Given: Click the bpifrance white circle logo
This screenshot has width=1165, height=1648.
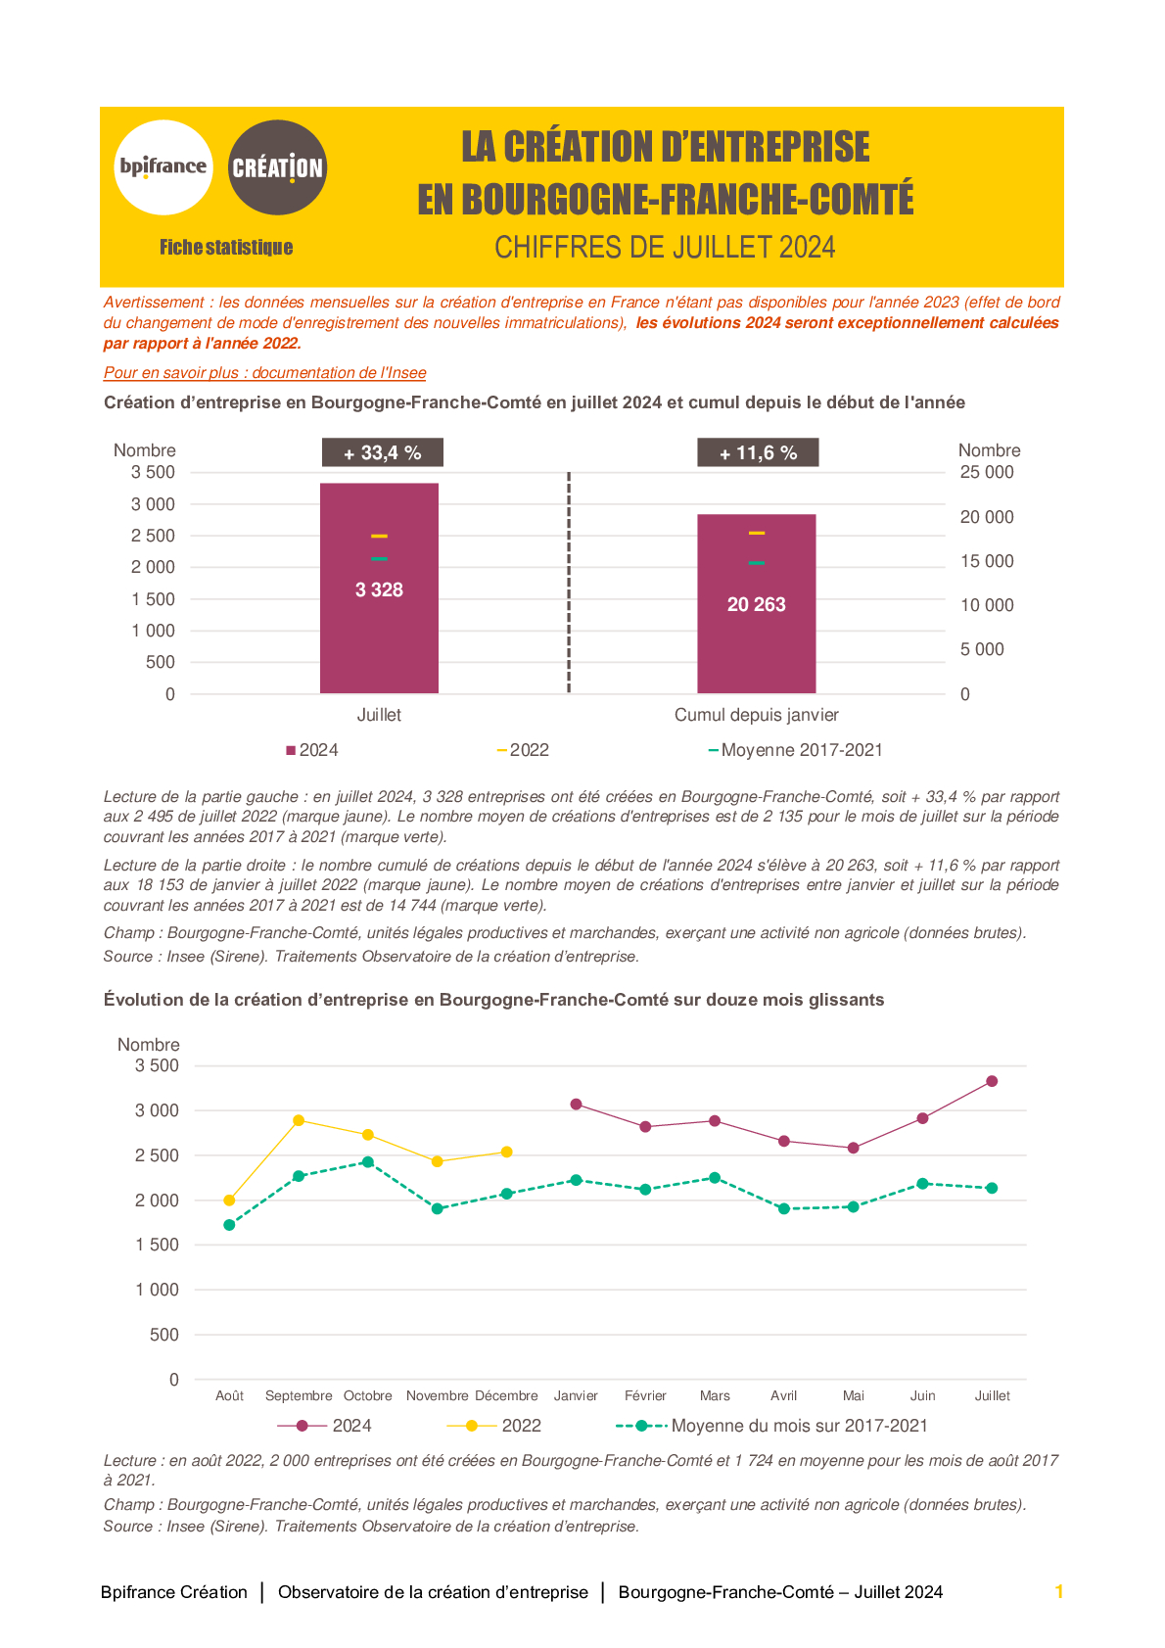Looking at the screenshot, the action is click(163, 167).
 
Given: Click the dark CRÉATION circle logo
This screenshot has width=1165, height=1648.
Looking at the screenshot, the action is click(277, 167).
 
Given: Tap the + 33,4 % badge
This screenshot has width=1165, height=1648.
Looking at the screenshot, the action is click(383, 452).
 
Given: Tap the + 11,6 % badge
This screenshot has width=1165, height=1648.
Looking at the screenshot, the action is click(758, 452).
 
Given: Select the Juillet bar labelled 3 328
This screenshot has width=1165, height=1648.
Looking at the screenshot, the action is click(379, 588).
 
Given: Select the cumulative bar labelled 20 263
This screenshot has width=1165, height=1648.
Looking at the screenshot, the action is click(756, 603).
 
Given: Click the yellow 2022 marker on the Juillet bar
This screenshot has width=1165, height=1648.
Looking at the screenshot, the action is click(379, 536).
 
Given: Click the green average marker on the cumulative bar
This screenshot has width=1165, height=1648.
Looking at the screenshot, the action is click(756, 563).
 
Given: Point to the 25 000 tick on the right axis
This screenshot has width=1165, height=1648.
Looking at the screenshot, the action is click(986, 472).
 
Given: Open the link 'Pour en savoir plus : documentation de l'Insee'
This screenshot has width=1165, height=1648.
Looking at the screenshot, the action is click(264, 372).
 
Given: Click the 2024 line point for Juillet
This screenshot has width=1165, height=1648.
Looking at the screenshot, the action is click(992, 1081).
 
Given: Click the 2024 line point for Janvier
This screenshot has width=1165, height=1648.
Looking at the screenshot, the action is click(576, 1105).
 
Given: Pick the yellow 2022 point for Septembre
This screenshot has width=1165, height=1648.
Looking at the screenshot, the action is click(299, 1120).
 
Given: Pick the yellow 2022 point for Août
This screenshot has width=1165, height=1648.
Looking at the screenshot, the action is click(229, 1200).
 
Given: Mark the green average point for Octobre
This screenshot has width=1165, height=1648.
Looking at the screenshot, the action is click(368, 1161).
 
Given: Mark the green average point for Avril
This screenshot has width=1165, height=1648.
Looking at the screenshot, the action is click(784, 1208).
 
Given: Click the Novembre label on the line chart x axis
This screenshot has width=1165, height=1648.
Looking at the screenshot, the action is click(437, 1395).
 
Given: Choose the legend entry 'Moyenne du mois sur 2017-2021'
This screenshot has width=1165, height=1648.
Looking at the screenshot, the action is click(771, 1425).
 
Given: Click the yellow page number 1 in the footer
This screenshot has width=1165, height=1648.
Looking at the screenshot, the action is click(1059, 1591).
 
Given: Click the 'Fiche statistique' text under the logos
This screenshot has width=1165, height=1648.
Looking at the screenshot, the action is click(226, 247).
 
